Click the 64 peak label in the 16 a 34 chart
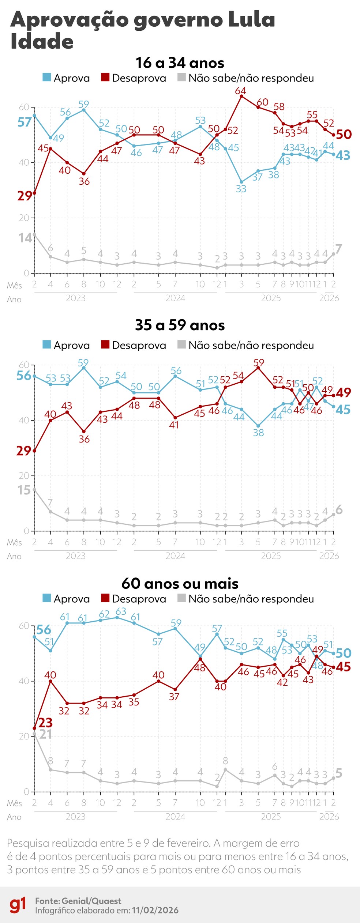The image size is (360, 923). [240, 90]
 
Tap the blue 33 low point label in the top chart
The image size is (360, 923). [241, 189]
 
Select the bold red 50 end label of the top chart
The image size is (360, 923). [344, 134]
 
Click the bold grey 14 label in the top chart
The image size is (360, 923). [25, 238]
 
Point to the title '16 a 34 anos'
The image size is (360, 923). [180, 63]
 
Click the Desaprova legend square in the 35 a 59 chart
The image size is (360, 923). [105, 344]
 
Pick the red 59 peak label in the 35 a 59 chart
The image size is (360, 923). [259, 362]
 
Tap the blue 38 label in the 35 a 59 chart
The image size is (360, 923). [258, 433]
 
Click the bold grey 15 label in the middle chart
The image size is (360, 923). [24, 490]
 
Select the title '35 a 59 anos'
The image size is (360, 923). [180, 325]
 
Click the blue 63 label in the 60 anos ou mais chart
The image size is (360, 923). [121, 611]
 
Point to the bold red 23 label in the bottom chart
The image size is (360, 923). [45, 722]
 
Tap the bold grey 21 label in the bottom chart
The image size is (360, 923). [45, 734]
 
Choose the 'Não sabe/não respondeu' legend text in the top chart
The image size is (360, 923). [251, 78]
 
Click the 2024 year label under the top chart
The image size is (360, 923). [175, 298]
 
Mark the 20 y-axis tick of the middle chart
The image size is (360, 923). [24, 475]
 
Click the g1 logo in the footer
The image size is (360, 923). [18, 905]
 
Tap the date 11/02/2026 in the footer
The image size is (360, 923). [155, 910]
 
